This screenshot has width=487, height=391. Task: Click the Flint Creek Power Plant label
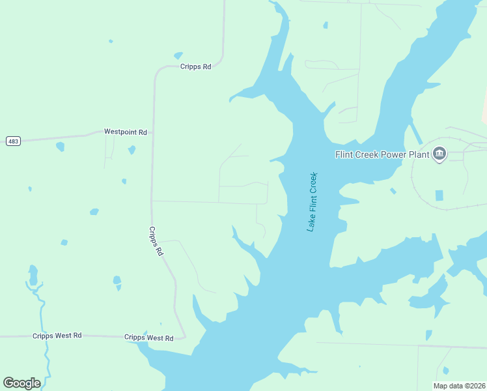point(382,154)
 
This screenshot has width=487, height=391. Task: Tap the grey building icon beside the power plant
point(439,154)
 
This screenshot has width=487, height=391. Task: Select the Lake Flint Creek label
point(312,201)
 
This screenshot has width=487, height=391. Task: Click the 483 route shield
point(12,141)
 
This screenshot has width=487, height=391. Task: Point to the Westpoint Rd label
point(125,132)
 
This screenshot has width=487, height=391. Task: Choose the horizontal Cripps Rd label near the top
point(196,66)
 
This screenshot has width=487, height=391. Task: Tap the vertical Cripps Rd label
point(155,241)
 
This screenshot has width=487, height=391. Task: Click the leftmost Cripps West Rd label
point(57,336)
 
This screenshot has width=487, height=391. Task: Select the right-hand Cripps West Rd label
point(148,338)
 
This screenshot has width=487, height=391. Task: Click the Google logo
point(21,383)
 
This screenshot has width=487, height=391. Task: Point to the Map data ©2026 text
point(459,386)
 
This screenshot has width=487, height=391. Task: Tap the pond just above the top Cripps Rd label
point(178,56)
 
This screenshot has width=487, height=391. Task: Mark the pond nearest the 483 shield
point(61,147)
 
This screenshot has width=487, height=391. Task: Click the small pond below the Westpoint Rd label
point(132,150)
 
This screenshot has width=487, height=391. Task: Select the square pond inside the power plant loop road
point(439,195)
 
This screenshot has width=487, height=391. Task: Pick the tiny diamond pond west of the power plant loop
point(393,191)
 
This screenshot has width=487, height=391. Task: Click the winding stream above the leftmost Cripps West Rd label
point(40,306)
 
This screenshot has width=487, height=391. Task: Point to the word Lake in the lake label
point(311,224)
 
